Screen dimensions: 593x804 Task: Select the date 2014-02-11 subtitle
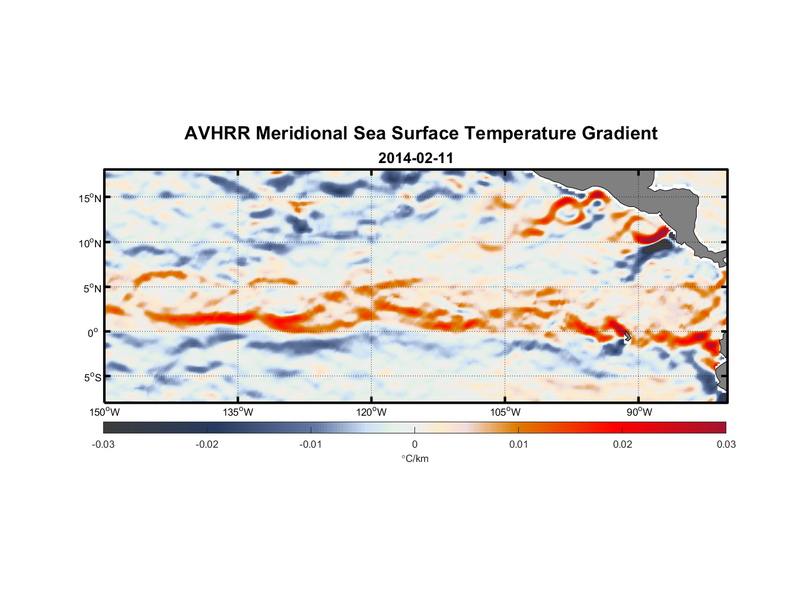point(416,158)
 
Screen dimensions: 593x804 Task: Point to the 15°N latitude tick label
point(90,198)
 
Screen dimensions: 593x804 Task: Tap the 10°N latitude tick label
point(90,243)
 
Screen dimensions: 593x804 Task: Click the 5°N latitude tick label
point(92,288)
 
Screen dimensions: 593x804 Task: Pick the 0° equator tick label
point(94,333)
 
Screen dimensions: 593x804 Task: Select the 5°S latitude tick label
point(92,378)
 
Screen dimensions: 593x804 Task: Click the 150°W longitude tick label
point(104,412)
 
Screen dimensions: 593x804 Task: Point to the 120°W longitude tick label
point(371,412)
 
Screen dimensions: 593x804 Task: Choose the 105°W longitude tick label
point(505,412)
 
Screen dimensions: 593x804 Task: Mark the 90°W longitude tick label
point(639,412)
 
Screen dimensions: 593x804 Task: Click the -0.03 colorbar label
point(103,445)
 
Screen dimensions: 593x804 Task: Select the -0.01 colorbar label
point(310,445)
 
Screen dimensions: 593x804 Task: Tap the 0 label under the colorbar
point(414,445)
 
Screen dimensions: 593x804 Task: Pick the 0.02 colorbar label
point(623,445)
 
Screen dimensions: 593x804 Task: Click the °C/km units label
point(414,458)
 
